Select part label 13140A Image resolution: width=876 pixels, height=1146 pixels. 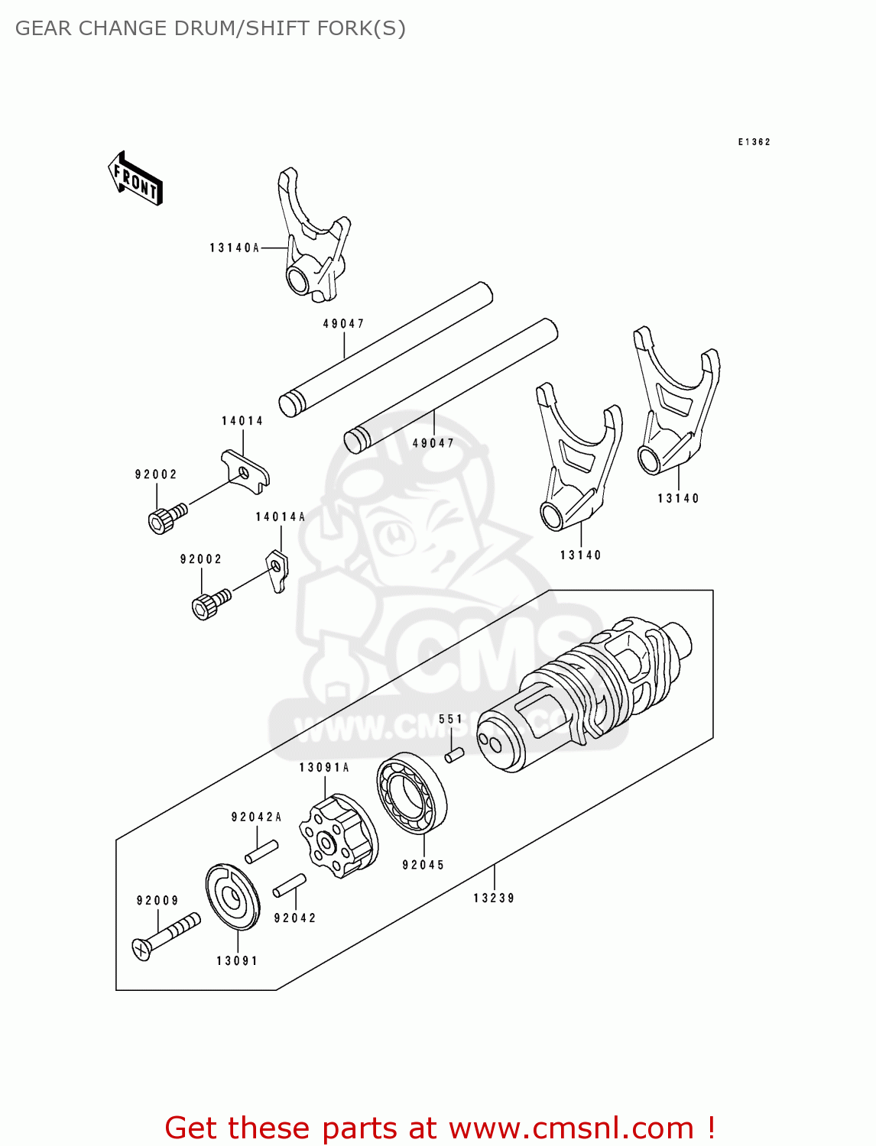tap(235, 248)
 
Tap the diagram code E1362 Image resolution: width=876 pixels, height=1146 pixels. tap(754, 142)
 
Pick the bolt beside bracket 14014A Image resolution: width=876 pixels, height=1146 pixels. tap(210, 604)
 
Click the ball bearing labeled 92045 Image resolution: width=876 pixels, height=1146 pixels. tap(412, 794)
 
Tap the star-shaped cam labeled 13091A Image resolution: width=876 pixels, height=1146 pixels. tap(338, 836)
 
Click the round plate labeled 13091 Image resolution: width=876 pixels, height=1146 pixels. tap(232, 897)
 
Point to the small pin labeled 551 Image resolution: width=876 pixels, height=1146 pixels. tap(454, 755)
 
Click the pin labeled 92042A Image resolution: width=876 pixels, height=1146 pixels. tap(261, 851)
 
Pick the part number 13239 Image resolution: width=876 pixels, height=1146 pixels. tap(494, 898)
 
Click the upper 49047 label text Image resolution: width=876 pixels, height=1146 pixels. tap(343, 324)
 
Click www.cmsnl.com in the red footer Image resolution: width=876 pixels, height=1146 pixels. tap(571, 1128)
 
